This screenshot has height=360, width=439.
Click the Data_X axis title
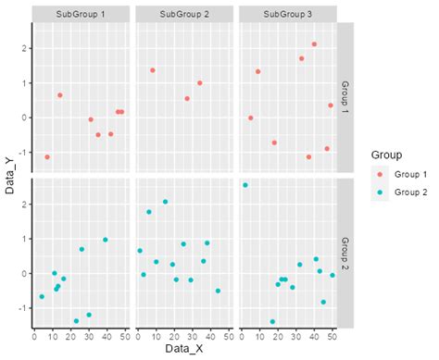coord(183,352)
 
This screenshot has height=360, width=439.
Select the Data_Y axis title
coord(8,176)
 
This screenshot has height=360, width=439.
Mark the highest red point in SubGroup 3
coord(315,44)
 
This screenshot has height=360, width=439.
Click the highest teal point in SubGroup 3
coord(245,185)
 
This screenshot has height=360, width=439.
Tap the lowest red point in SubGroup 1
coord(47,157)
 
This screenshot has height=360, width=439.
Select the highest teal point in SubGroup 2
coord(166,202)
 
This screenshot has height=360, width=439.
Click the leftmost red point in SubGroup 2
coord(153,70)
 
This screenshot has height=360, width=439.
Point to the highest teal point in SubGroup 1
coord(105,240)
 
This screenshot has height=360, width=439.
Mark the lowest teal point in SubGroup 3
coord(272,322)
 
